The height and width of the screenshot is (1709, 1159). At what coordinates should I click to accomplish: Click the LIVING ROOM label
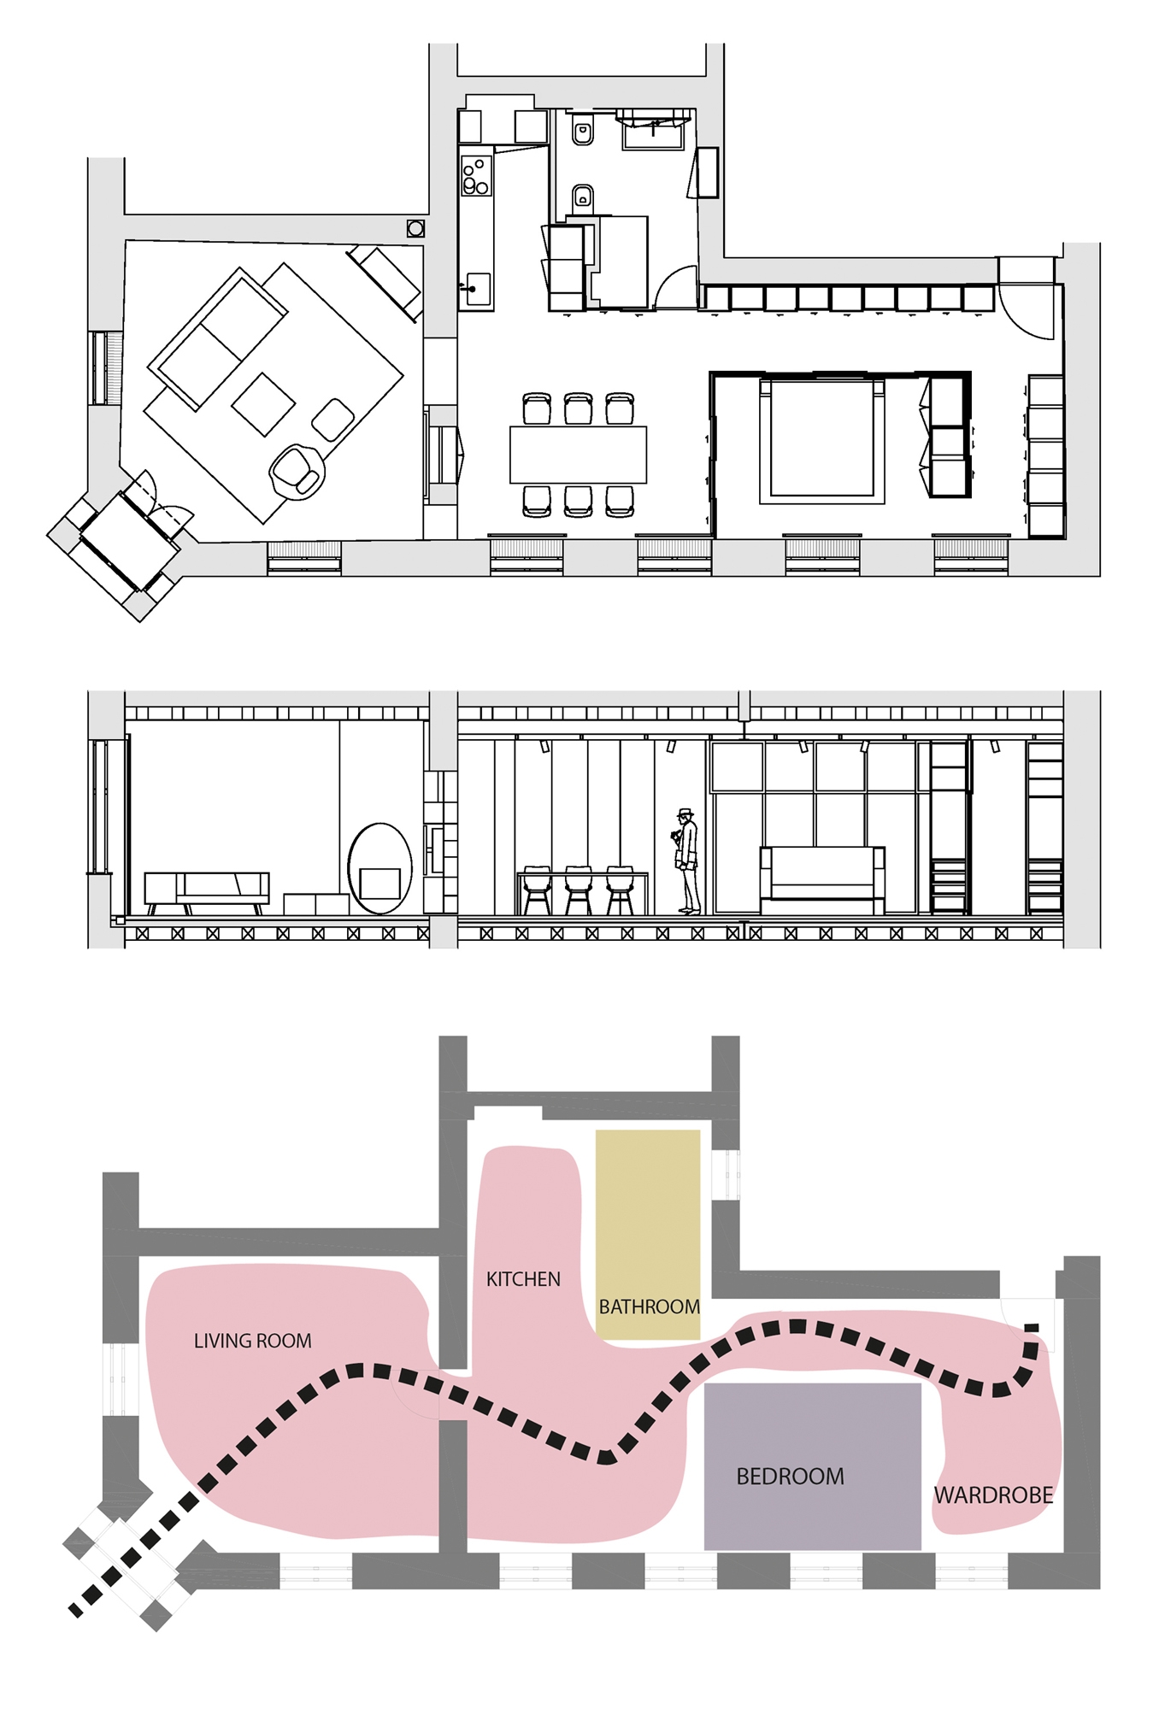252,1341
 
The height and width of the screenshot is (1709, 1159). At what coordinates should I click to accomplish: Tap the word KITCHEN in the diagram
523,1279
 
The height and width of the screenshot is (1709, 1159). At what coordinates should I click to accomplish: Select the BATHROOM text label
649,1307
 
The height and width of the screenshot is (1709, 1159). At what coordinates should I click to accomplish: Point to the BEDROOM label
790,1477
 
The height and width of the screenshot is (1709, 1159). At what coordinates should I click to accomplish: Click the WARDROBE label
993,1495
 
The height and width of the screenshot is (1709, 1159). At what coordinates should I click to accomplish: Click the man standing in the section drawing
687,861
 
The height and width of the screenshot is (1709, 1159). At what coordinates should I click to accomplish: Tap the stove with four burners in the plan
476,175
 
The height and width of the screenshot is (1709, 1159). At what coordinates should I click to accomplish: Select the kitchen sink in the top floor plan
476,289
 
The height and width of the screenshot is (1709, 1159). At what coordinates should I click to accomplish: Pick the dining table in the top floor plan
578,455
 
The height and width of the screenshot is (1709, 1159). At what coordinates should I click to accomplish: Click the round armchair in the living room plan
297,471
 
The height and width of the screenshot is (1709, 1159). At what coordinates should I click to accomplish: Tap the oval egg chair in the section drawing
379,869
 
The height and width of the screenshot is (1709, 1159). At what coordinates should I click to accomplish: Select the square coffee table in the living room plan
263,404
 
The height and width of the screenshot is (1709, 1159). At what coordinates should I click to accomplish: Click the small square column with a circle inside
415,228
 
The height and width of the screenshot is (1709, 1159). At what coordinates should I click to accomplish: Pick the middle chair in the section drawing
578,890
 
